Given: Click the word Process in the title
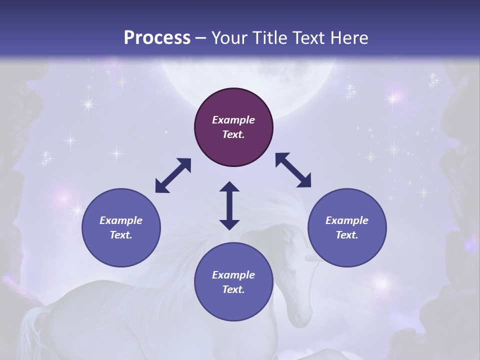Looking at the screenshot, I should (157, 38).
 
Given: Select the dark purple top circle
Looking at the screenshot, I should (233, 127).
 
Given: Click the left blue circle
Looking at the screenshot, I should (121, 227).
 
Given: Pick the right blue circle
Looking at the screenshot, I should (347, 227).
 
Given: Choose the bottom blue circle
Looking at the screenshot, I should (233, 282).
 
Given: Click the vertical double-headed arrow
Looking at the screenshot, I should (229, 205).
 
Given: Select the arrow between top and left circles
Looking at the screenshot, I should (173, 175).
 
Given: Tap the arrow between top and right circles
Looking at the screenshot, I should (293, 170).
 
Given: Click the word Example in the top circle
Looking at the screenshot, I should (233, 120).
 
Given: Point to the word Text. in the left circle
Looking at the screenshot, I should (121, 235).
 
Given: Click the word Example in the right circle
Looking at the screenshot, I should (347, 220).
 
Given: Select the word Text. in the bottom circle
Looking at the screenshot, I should (233, 289).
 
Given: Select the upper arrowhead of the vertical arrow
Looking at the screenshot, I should (229, 187).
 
